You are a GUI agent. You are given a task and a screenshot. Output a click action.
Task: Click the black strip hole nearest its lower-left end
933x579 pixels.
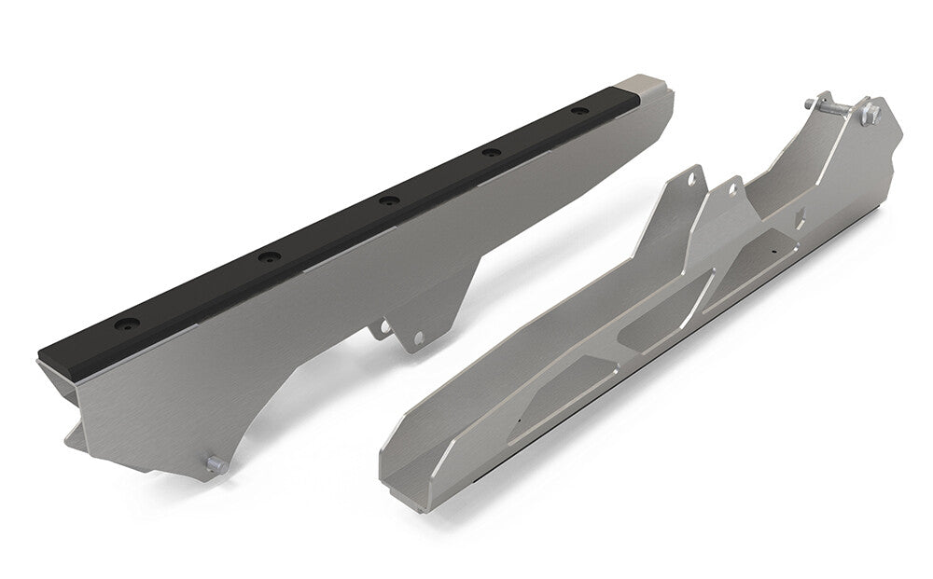[x=124, y=326]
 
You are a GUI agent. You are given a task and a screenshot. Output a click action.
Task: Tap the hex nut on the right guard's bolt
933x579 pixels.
[x=872, y=114]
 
